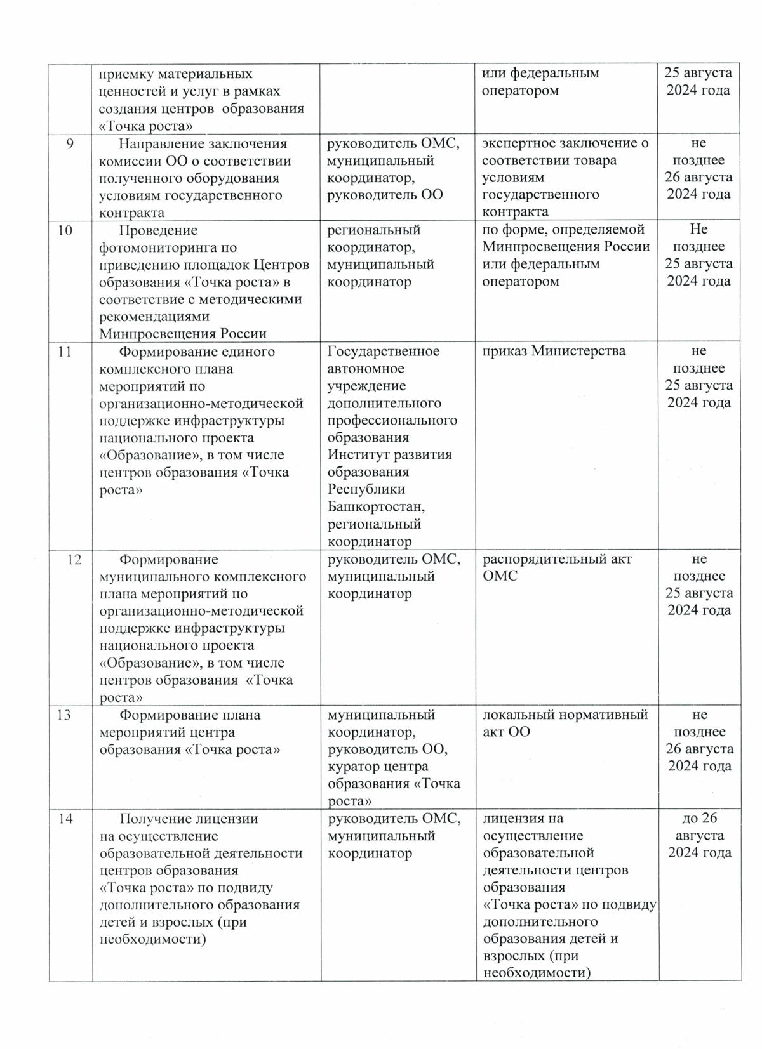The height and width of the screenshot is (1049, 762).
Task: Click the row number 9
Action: (70, 144)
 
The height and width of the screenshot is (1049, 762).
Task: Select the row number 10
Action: (65, 230)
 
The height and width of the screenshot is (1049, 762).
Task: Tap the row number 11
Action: (65, 352)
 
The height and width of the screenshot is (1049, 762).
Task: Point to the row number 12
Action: (74, 560)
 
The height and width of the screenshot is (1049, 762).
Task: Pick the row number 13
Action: (65, 715)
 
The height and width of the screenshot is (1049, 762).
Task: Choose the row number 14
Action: (65, 819)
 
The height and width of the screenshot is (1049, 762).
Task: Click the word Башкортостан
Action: (376, 507)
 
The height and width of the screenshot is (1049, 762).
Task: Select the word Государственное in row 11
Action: (383, 352)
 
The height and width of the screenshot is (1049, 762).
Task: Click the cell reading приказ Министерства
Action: (554, 351)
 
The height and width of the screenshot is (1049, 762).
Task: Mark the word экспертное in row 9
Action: (520, 143)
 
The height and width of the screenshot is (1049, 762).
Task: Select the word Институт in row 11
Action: (358, 455)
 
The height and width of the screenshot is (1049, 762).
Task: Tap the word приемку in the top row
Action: (126, 74)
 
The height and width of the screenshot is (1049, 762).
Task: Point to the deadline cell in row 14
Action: (699, 836)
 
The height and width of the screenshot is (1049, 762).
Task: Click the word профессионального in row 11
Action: (392, 421)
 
